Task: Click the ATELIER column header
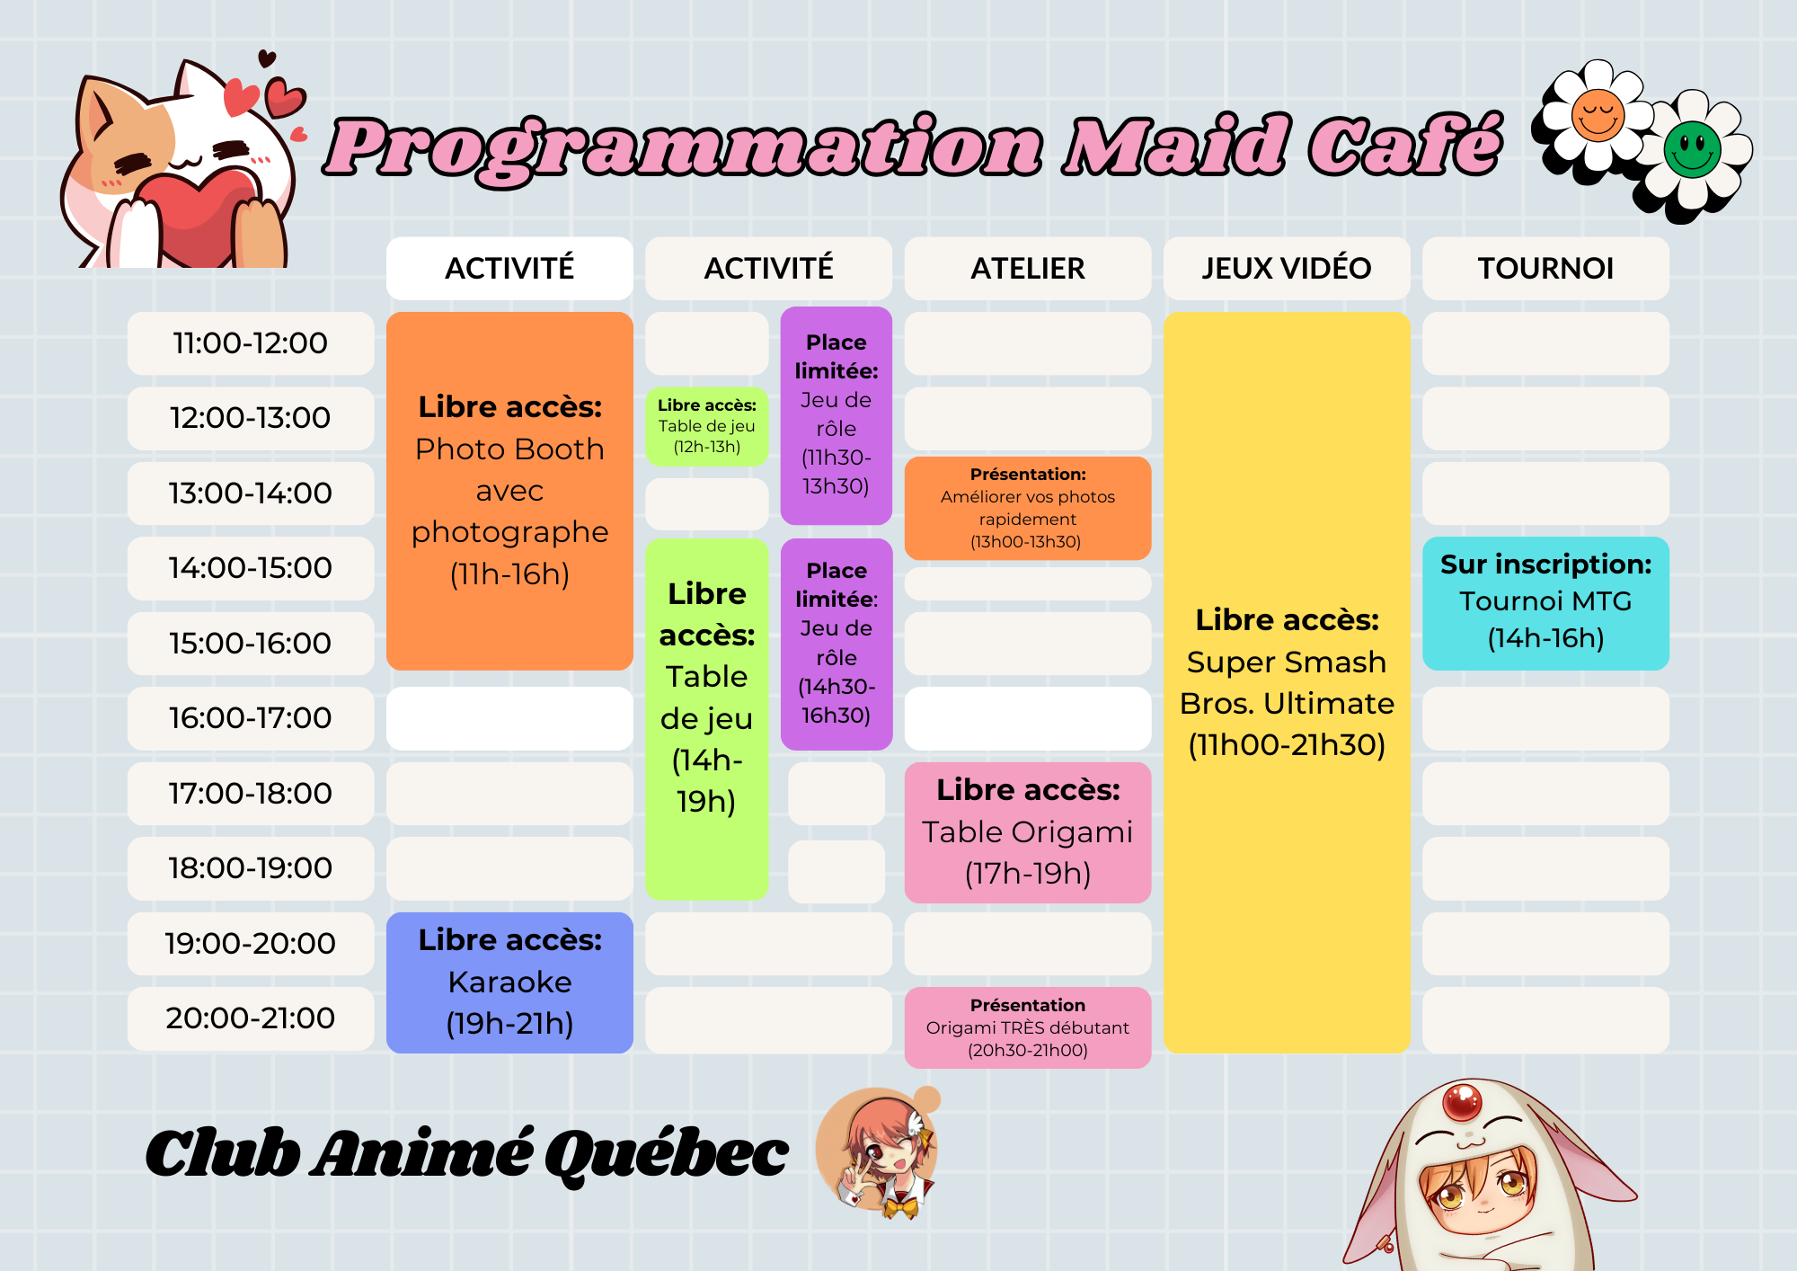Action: [x=1028, y=268]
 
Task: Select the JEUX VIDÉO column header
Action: [x=1287, y=268]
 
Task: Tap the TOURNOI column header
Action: [x=1545, y=268]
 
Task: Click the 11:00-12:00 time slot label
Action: [x=251, y=343]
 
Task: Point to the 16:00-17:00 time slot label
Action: [x=251, y=718]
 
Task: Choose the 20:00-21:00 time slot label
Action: [x=251, y=1018]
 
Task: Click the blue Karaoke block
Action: [x=509, y=982]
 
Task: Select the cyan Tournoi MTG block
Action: [x=1545, y=603]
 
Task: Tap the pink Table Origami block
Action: [x=1028, y=832]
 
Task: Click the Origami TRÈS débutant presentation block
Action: [x=1028, y=1027]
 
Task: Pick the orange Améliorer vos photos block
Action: [x=1028, y=508]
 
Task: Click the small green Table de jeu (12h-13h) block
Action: [x=707, y=426]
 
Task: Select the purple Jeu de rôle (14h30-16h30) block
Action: [x=837, y=644]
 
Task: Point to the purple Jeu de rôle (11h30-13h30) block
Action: [x=837, y=415]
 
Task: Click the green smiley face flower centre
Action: [x=1692, y=149]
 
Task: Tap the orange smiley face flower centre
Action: [x=1598, y=115]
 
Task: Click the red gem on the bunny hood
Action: [x=1462, y=1101]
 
